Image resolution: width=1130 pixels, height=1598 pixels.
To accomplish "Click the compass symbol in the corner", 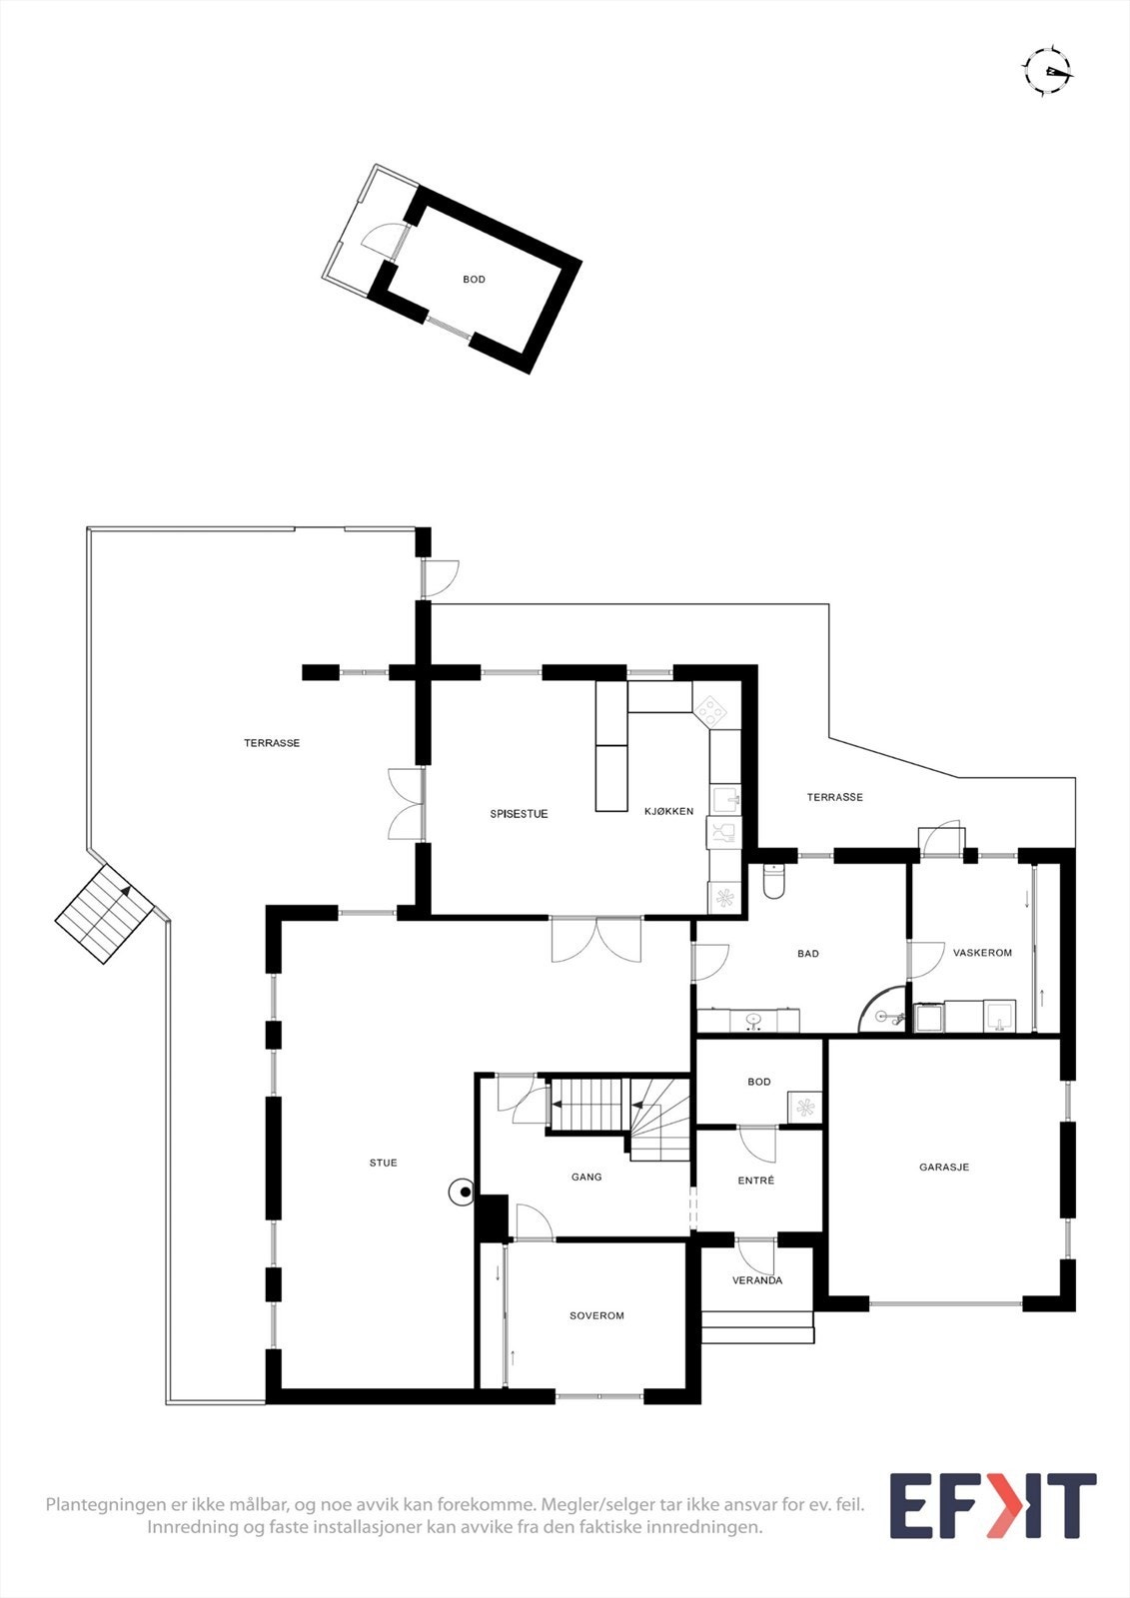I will point(1046,71).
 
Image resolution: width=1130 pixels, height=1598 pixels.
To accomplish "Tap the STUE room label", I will point(383,1163).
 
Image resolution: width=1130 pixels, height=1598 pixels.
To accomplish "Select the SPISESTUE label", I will point(519,814).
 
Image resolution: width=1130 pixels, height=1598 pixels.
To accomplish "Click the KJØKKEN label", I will point(668,811).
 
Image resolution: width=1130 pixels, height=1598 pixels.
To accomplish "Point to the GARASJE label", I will point(944,1167).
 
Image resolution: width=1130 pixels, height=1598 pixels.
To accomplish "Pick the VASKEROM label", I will point(982,953).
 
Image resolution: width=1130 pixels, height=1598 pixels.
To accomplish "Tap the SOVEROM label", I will point(596,1315).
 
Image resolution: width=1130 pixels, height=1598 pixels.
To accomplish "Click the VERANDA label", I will point(757,1280).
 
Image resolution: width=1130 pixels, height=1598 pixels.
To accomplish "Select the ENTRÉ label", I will point(756,1181).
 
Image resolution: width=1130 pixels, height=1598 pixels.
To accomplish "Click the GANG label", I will point(586,1177).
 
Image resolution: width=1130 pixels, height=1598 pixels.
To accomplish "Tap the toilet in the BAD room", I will point(774,880).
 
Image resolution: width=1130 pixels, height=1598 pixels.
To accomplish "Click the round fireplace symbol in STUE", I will point(463,1192).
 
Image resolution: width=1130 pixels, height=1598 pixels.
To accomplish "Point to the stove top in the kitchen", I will point(711,711).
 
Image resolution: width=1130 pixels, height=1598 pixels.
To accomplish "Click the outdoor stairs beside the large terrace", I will point(104,913).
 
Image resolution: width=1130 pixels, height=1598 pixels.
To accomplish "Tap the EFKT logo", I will point(992,1505).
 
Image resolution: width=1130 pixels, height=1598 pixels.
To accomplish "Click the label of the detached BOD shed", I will point(474,280).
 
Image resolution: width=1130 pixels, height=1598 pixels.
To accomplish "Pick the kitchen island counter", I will point(611,746).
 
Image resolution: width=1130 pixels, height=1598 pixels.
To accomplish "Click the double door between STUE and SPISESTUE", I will point(596,939).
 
